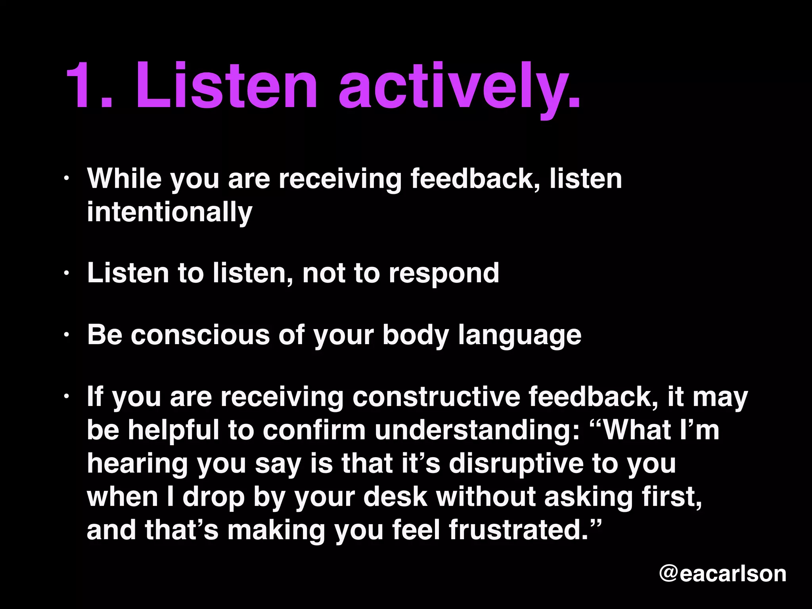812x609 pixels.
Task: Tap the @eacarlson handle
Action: click(722, 573)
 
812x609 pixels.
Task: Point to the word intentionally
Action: click(169, 212)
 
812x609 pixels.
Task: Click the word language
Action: click(519, 335)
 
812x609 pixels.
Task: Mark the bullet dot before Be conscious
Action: click(67, 335)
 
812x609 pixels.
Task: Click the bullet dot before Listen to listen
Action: click(67, 274)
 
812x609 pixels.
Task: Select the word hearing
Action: click(137, 464)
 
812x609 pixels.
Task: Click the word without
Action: click(486, 496)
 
